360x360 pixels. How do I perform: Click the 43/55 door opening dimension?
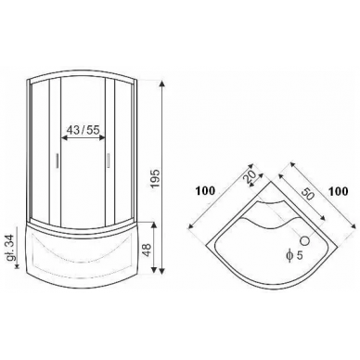tap(84, 130)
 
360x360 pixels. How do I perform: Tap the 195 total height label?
tap(154, 178)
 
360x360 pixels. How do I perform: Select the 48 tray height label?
tap(147, 249)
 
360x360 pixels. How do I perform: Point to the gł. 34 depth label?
tap(12, 249)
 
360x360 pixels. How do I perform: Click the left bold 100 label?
tap(205, 191)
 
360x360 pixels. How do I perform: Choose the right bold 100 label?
tap(338, 191)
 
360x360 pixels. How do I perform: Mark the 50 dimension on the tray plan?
tap(306, 193)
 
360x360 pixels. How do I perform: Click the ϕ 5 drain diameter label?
tap(294, 255)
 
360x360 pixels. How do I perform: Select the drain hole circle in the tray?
tap(305, 240)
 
